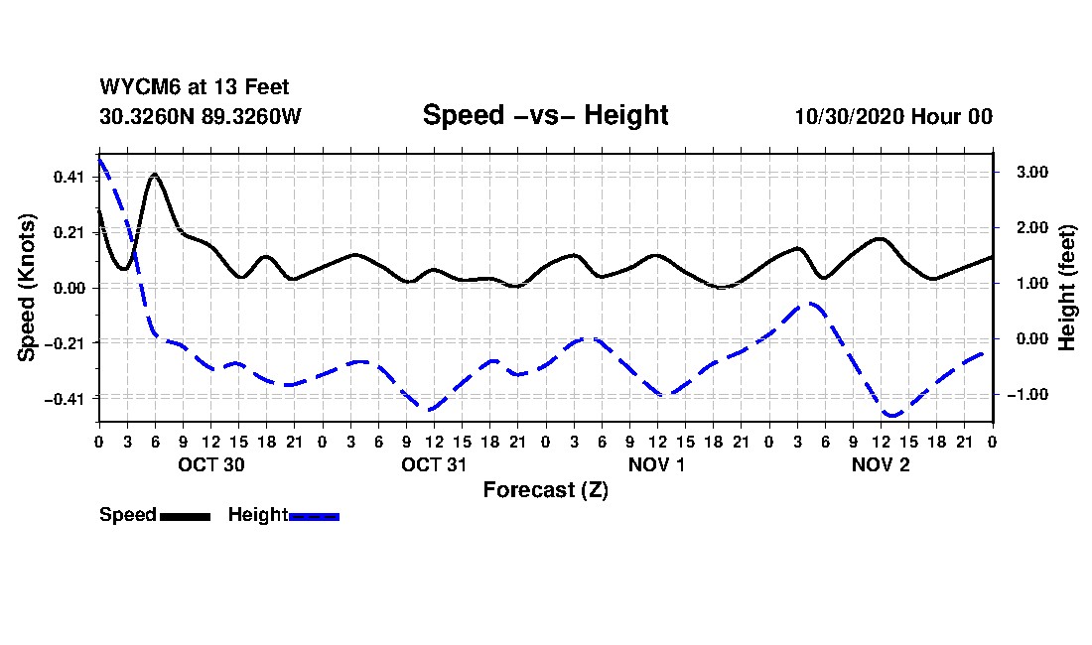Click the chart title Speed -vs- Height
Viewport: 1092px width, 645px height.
point(545,115)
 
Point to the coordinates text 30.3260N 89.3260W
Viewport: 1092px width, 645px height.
point(200,116)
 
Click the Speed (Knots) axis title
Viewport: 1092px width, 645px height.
point(27,287)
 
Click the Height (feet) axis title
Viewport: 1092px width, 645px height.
point(1067,287)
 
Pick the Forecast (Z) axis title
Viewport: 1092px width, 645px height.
point(545,489)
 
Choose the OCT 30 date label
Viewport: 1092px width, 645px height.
point(210,464)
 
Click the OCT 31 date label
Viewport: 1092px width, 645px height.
point(434,464)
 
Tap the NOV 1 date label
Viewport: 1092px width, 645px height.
point(657,464)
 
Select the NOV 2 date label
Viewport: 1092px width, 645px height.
point(881,464)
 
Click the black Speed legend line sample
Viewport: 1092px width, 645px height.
point(185,516)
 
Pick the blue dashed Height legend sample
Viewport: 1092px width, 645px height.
point(314,516)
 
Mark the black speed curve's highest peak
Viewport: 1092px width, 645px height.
point(155,175)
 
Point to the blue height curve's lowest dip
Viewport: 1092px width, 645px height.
point(891,415)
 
